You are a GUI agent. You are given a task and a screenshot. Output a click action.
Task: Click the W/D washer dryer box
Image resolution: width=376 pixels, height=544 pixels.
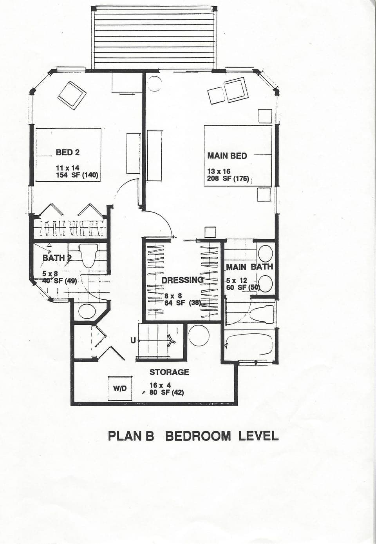(120, 388)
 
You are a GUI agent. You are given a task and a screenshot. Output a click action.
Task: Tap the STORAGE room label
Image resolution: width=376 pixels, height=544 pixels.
(169, 372)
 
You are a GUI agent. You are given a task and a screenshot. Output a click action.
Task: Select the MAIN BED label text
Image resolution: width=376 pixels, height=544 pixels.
(227, 156)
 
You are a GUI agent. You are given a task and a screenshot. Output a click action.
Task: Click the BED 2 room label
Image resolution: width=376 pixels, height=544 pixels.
(68, 152)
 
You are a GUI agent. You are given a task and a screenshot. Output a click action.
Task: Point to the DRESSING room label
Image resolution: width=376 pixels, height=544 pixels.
(183, 280)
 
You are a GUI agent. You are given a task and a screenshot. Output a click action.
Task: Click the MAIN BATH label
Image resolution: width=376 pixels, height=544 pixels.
(249, 267)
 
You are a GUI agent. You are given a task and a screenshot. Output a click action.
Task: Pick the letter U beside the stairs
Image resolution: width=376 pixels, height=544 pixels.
(133, 340)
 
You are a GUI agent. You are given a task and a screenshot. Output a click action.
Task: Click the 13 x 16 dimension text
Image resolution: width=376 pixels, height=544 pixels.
(219, 171)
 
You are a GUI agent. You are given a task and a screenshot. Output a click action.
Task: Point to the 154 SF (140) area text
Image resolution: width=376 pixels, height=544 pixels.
(77, 175)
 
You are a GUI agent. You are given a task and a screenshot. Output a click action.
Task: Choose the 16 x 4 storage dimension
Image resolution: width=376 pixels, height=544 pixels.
(160, 385)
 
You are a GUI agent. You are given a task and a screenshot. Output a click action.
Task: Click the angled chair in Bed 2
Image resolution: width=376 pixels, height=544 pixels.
(72, 95)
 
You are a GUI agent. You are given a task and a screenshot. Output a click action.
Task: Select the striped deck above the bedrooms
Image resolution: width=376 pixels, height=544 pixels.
(154, 38)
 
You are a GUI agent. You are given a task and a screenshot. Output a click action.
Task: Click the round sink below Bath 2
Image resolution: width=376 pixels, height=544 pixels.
(87, 311)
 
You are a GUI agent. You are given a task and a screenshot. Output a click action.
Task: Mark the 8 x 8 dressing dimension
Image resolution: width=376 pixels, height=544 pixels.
(173, 296)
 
